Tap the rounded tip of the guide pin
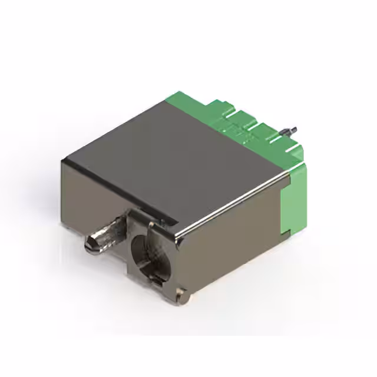coord(90,243)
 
